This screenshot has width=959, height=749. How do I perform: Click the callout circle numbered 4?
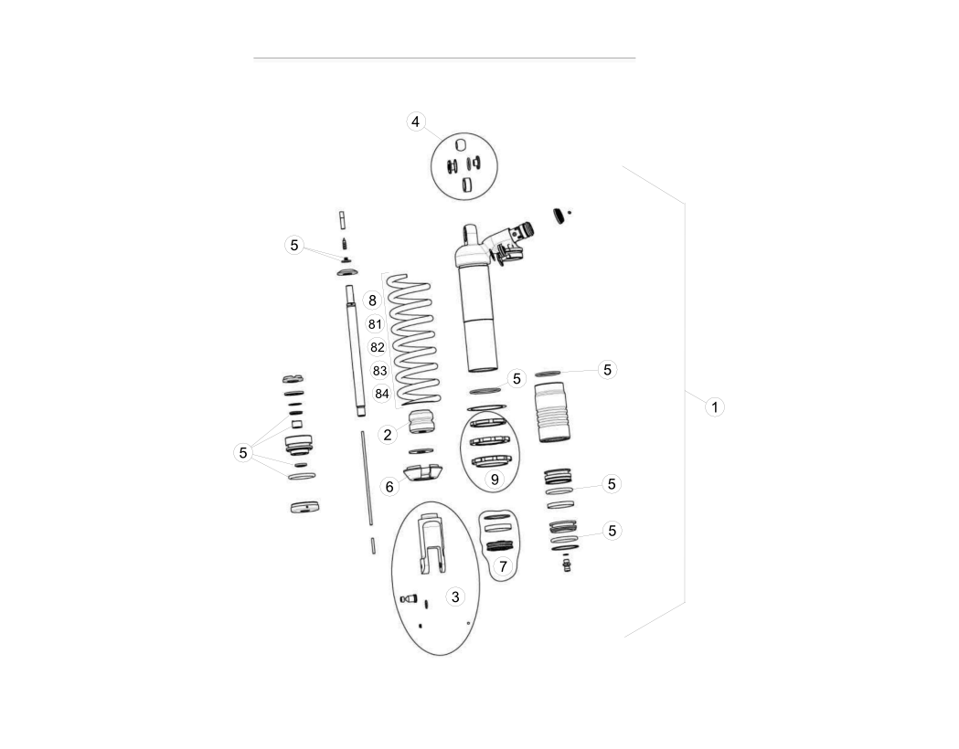pos(415,121)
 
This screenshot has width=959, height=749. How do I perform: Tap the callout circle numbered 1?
pos(714,406)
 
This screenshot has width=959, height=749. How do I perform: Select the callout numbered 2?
pos(387,435)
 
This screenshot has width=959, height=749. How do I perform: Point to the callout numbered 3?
pos(455,596)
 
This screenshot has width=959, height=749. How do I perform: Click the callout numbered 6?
pos(389,486)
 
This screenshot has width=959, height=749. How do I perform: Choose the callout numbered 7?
pos(503,566)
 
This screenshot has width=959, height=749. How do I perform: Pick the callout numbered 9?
pos(495,480)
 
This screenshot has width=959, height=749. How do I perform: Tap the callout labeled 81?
pos(375,323)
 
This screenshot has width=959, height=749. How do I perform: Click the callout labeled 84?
pos(381,394)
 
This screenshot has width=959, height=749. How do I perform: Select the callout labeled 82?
pos(378,347)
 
